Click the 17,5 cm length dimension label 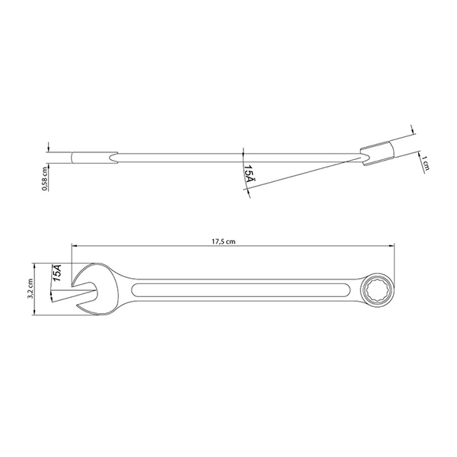point(223,241)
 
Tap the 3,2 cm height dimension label point(30,289)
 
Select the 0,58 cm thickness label point(44,179)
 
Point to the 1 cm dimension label point(425,163)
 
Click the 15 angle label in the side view point(249,173)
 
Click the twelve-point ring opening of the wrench point(378,289)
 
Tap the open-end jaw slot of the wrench point(85,290)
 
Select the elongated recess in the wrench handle point(241,290)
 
